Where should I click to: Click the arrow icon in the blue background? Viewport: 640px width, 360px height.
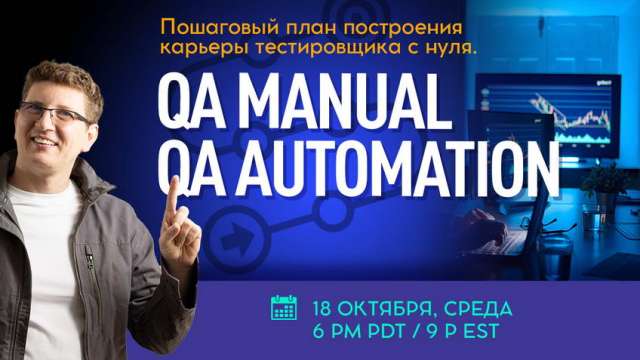click(237, 240)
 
